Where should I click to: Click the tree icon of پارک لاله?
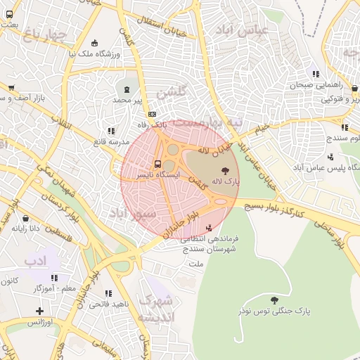click(x=225, y=171)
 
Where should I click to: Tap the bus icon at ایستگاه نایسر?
click(x=157, y=163)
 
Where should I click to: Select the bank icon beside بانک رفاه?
click(x=151, y=115)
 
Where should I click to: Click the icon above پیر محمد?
click(x=127, y=89)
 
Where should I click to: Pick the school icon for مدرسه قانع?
click(x=110, y=131)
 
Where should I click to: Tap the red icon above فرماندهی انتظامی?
click(x=208, y=228)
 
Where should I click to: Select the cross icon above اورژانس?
click(x=39, y=311)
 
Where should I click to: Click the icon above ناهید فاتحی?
click(x=108, y=293)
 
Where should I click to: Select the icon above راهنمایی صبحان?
click(x=316, y=74)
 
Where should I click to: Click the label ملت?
click(x=195, y=263)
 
